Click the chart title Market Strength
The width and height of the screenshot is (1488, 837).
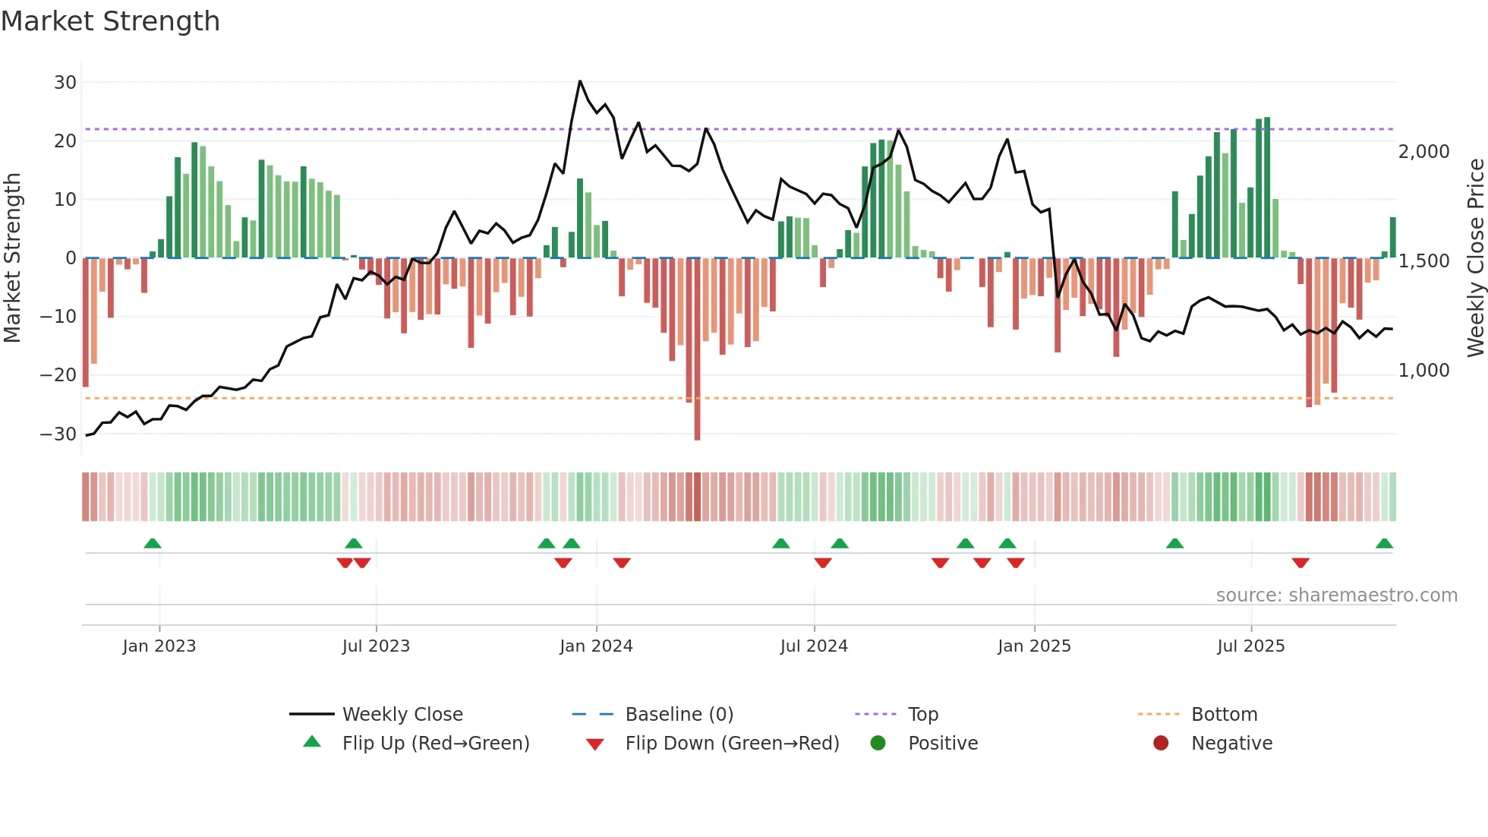click(x=110, y=21)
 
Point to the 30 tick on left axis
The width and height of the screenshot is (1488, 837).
click(x=65, y=82)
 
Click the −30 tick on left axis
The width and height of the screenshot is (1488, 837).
click(x=58, y=434)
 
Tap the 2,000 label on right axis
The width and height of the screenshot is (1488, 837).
click(x=1423, y=151)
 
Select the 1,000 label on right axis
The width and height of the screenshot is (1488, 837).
click(x=1423, y=370)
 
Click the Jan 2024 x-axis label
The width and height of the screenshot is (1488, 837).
click(x=596, y=646)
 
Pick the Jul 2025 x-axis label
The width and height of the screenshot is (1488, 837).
click(x=1250, y=646)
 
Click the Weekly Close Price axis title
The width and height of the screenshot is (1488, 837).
click(x=1475, y=258)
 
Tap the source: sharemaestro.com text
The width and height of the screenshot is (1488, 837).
click(x=1336, y=595)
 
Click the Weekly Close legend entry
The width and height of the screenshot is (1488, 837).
click(x=402, y=714)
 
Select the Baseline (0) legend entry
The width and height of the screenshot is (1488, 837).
click(x=679, y=714)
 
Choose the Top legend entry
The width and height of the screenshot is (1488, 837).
click(x=922, y=714)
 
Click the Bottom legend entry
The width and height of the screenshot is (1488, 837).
click(x=1224, y=714)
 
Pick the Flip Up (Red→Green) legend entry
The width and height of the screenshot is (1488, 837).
click(x=435, y=743)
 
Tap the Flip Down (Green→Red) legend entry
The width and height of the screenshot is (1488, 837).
click(x=732, y=743)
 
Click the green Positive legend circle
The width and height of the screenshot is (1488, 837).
click(x=878, y=743)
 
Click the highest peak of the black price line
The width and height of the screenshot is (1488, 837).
click(x=580, y=81)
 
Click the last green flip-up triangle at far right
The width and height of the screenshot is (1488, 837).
click(x=1384, y=544)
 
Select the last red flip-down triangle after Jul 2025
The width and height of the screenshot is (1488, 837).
click(x=1300, y=563)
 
